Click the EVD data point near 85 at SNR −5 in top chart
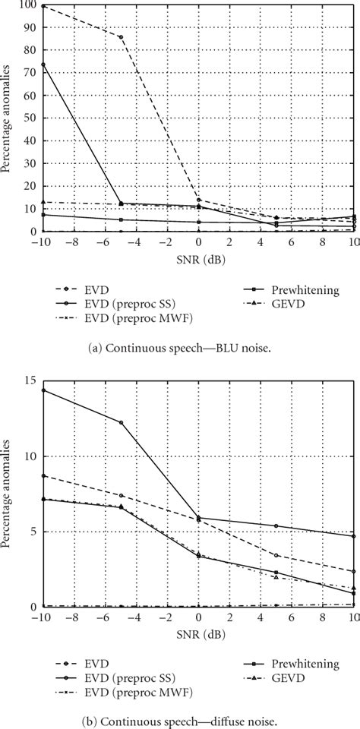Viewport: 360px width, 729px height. click(121, 37)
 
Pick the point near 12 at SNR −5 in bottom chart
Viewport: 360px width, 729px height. click(121, 422)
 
